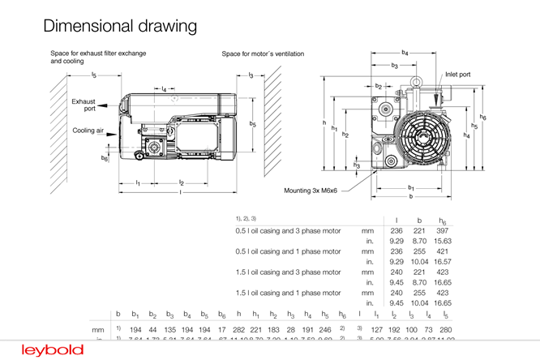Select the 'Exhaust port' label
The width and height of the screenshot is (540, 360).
84,105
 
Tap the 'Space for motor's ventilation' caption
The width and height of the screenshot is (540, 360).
263,54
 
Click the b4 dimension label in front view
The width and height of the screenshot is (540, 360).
405,53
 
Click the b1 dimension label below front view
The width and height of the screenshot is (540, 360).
411,188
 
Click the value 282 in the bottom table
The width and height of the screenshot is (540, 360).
238,331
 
